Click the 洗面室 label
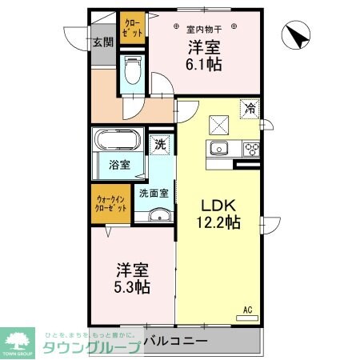click(x=153, y=193)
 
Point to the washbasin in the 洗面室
click(x=158, y=214)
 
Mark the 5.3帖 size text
click(x=133, y=286)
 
